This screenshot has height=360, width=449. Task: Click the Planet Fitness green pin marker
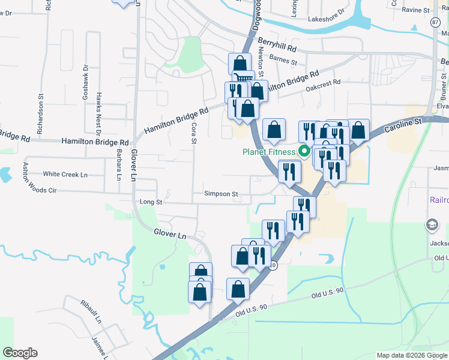click(304, 151)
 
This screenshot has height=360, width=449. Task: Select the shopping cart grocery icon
click(243, 77)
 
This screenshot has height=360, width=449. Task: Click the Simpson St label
click(221, 194)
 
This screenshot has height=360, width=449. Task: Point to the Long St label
click(151, 203)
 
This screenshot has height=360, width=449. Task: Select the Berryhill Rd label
click(277, 44)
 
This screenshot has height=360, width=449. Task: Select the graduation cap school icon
click(431, 225)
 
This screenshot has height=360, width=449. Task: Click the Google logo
click(20, 353)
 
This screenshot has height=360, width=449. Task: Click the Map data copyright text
click(412, 355)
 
